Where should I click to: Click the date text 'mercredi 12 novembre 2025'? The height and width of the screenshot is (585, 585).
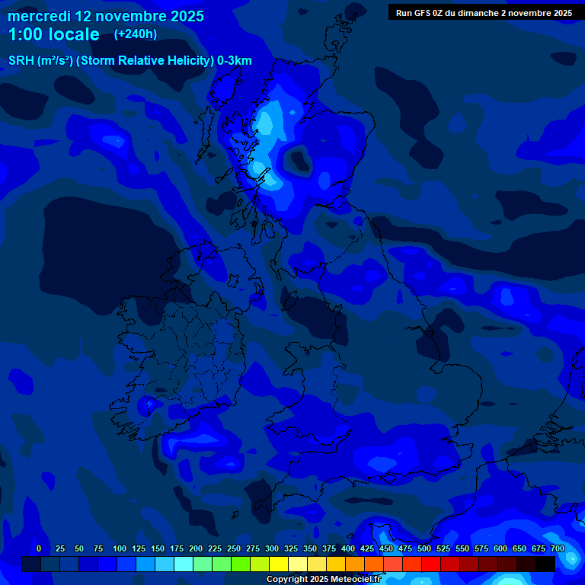(105, 16)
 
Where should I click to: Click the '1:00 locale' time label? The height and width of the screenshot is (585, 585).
(53, 34)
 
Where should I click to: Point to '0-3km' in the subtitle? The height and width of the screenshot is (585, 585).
(235, 61)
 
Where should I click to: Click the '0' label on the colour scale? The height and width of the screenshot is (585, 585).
(39, 548)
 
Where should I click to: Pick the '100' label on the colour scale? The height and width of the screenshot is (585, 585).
(120, 548)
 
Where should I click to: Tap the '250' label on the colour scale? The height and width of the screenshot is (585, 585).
(234, 548)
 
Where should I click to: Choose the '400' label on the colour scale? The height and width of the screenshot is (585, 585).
(348, 548)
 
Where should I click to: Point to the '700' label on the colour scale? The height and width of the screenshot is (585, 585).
(558, 548)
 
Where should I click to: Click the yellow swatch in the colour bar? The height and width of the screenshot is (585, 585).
(279, 564)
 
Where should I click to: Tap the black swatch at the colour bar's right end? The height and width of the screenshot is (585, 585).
(545, 564)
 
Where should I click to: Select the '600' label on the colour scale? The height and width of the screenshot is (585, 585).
(500, 548)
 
